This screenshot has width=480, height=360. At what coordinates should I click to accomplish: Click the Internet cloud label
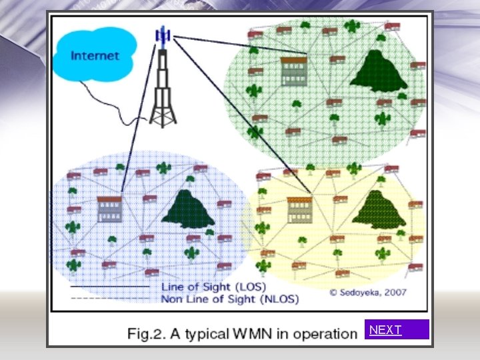coord(95,55)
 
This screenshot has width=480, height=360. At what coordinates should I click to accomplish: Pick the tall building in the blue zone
coord(109,209)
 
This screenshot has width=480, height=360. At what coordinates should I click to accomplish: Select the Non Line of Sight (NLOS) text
coord(230,299)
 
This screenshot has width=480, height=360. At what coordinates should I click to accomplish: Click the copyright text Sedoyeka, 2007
coord(368,292)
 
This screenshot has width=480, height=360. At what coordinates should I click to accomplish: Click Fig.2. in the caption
coord(143,333)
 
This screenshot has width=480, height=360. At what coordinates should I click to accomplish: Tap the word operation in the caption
coord(325,333)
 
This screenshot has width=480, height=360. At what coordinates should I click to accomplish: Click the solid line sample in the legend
coord(110,287)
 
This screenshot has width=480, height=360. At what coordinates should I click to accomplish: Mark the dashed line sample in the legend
coord(110,299)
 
